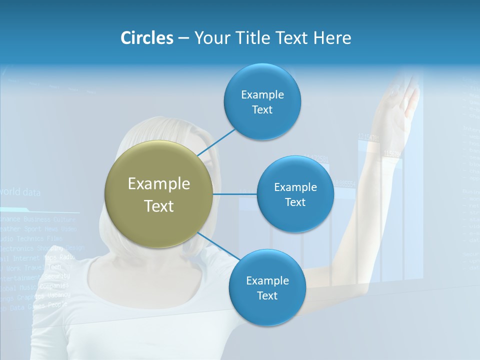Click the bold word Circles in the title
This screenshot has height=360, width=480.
coord(147,38)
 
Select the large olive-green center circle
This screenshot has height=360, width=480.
coord(158,194)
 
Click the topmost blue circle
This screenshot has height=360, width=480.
coord(262,102)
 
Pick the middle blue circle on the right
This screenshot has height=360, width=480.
coord(295,194)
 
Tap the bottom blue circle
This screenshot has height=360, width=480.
coord(267,288)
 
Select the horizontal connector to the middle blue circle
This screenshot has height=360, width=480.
coord(234,194)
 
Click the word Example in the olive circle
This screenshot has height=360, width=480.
coord(158,184)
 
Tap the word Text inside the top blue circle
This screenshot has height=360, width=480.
coord(262,110)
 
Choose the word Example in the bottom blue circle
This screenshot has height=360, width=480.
coord(267,280)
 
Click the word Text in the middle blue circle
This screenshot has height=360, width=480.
coord(295,202)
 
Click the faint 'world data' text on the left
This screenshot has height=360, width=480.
coord(20,192)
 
